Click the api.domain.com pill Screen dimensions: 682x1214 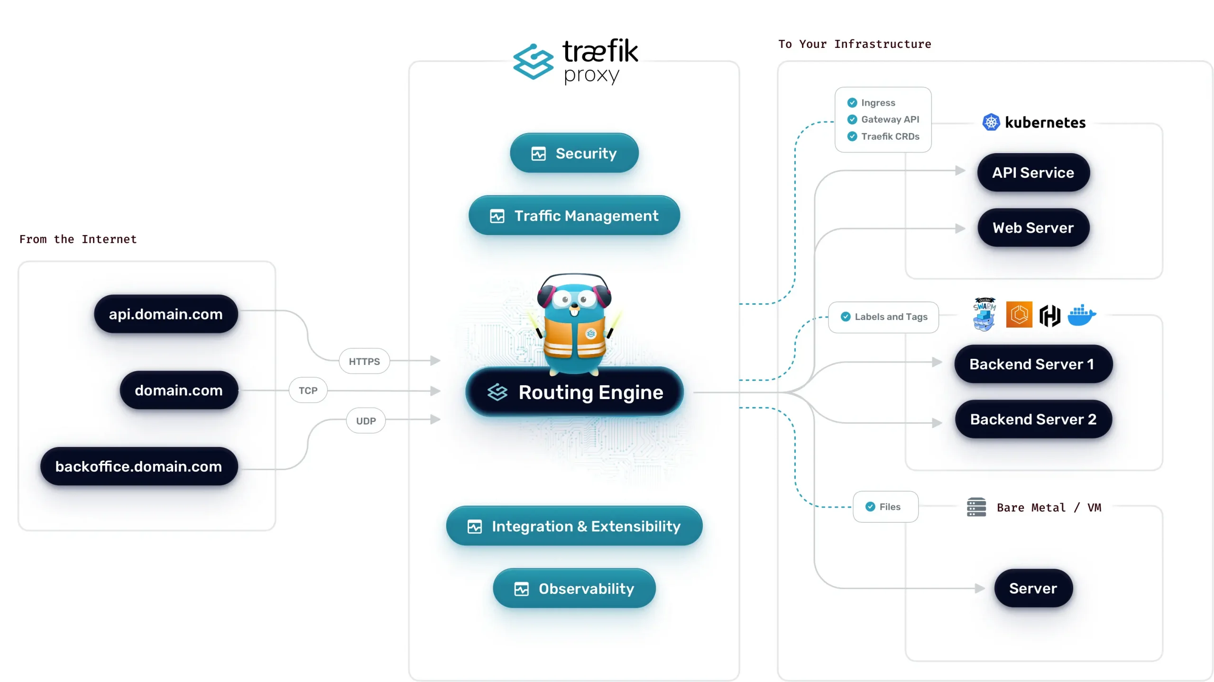(x=166, y=314)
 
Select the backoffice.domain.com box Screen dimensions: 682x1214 (x=138, y=466)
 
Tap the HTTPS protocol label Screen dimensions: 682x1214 (x=364, y=361)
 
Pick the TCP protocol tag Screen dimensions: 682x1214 (x=308, y=391)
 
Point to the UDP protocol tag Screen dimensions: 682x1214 (x=366, y=421)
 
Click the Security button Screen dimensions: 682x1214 (x=574, y=153)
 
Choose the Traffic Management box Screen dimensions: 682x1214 (x=574, y=216)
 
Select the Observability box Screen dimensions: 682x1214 (x=574, y=589)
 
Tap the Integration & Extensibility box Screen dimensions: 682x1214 (x=574, y=526)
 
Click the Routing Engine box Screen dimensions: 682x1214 (x=574, y=392)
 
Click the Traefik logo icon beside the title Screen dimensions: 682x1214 (x=533, y=62)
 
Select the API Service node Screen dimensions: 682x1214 (x=1033, y=173)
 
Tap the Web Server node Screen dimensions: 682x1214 (x=1033, y=228)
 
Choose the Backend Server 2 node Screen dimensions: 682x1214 (x=1033, y=419)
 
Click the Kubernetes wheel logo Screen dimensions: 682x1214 (x=991, y=122)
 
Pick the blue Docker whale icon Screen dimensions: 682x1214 (x=1081, y=315)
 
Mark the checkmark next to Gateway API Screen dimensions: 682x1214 (x=852, y=119)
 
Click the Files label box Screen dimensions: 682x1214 (x=885, y=507)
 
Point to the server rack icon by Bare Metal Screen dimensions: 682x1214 (x=976, y=507)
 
